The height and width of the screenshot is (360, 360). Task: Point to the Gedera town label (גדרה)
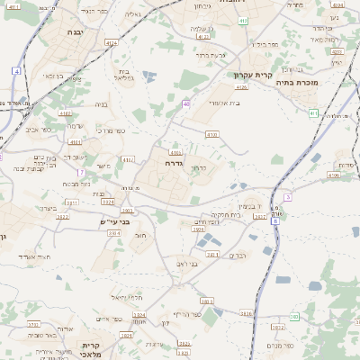coord(175,165)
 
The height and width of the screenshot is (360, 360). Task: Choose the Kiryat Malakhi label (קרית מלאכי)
coord(89,350)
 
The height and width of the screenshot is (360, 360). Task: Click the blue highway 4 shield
coord(17,69)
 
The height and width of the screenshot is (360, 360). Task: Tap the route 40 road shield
coord(186,103)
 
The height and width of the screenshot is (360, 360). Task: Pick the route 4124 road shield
coord(112,42)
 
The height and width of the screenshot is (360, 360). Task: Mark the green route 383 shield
coord(294,317)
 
